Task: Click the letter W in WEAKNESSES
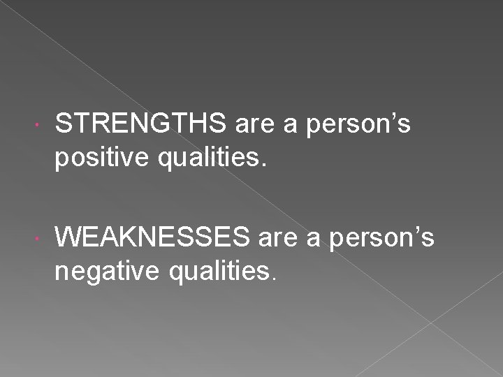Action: [x=69, y=238]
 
